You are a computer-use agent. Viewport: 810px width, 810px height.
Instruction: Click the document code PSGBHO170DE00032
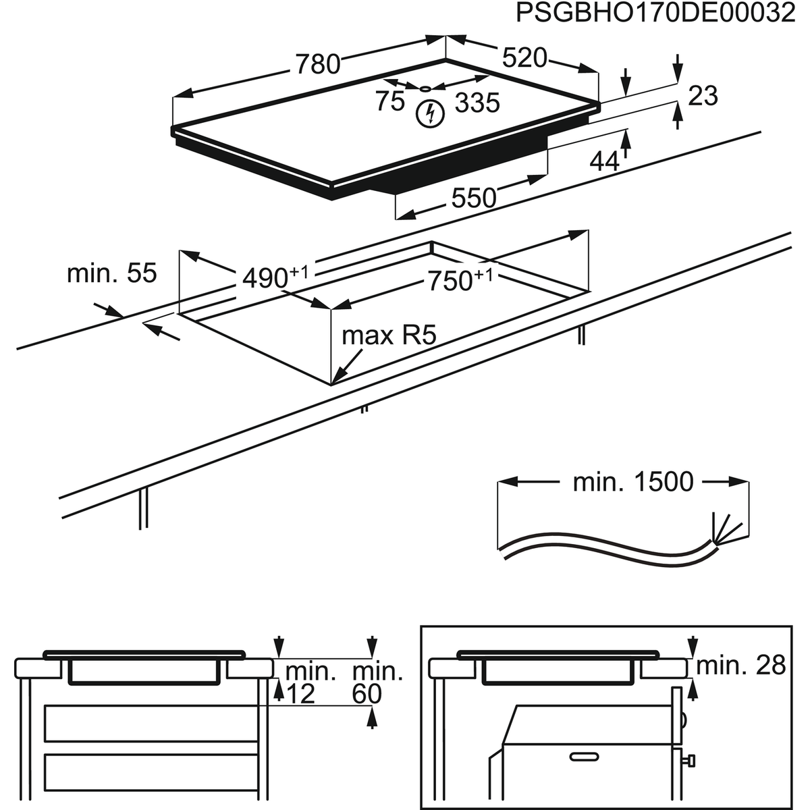(x=655, y=13)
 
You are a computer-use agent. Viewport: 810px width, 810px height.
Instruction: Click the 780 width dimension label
(x=317, y=63)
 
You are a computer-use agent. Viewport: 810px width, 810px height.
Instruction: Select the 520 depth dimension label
(x=524, y=58)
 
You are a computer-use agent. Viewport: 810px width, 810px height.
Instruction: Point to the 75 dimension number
(x=390, y=102)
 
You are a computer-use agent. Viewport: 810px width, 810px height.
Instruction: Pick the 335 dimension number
(x=477, y=103)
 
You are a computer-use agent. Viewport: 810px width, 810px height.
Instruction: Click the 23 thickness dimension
(x=702, y=96)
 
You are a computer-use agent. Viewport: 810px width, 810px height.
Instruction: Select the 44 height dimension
(x=604, y=161)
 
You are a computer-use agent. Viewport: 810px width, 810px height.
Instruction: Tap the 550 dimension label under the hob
(x=473, y=198)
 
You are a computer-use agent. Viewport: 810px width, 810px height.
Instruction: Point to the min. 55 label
(x=111, y=273)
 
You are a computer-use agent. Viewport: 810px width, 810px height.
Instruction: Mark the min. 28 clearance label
(x=740, y=666)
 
